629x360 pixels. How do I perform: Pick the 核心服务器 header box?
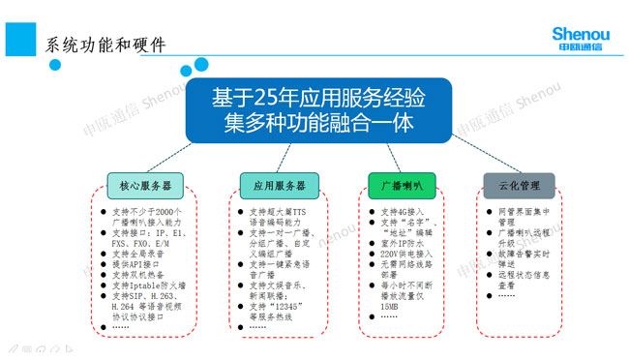coord(145,185)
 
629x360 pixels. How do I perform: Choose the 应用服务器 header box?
coord(279,185)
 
